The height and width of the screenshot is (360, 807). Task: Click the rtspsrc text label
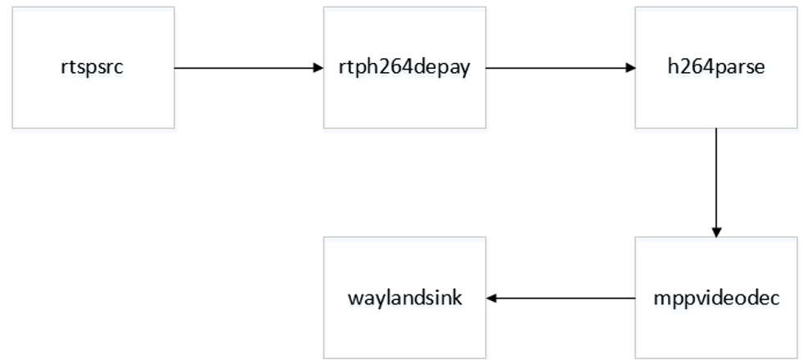[x=92, y=68]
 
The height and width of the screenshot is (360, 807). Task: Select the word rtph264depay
[x=404, y=68]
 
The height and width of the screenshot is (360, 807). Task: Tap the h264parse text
[x=716, y=67]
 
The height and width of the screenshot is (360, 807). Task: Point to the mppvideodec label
[x=716, y=299]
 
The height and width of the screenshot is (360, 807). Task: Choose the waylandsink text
[x=405, y=299]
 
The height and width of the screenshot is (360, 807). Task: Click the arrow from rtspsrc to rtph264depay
[x=249, y=67]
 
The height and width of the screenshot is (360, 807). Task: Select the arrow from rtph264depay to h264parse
[x=561, y=67]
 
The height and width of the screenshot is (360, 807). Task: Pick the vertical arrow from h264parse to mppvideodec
[x=716, y=182]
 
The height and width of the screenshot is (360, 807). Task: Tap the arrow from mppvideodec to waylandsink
[x=561, y=298]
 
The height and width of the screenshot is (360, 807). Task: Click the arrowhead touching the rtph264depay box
[x=318, y=67]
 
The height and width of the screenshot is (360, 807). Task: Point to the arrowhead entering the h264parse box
[x=630, y=67]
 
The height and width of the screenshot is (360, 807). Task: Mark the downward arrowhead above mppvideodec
[x=716, y=232]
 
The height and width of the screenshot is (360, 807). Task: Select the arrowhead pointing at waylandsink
[x=491, y=298]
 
